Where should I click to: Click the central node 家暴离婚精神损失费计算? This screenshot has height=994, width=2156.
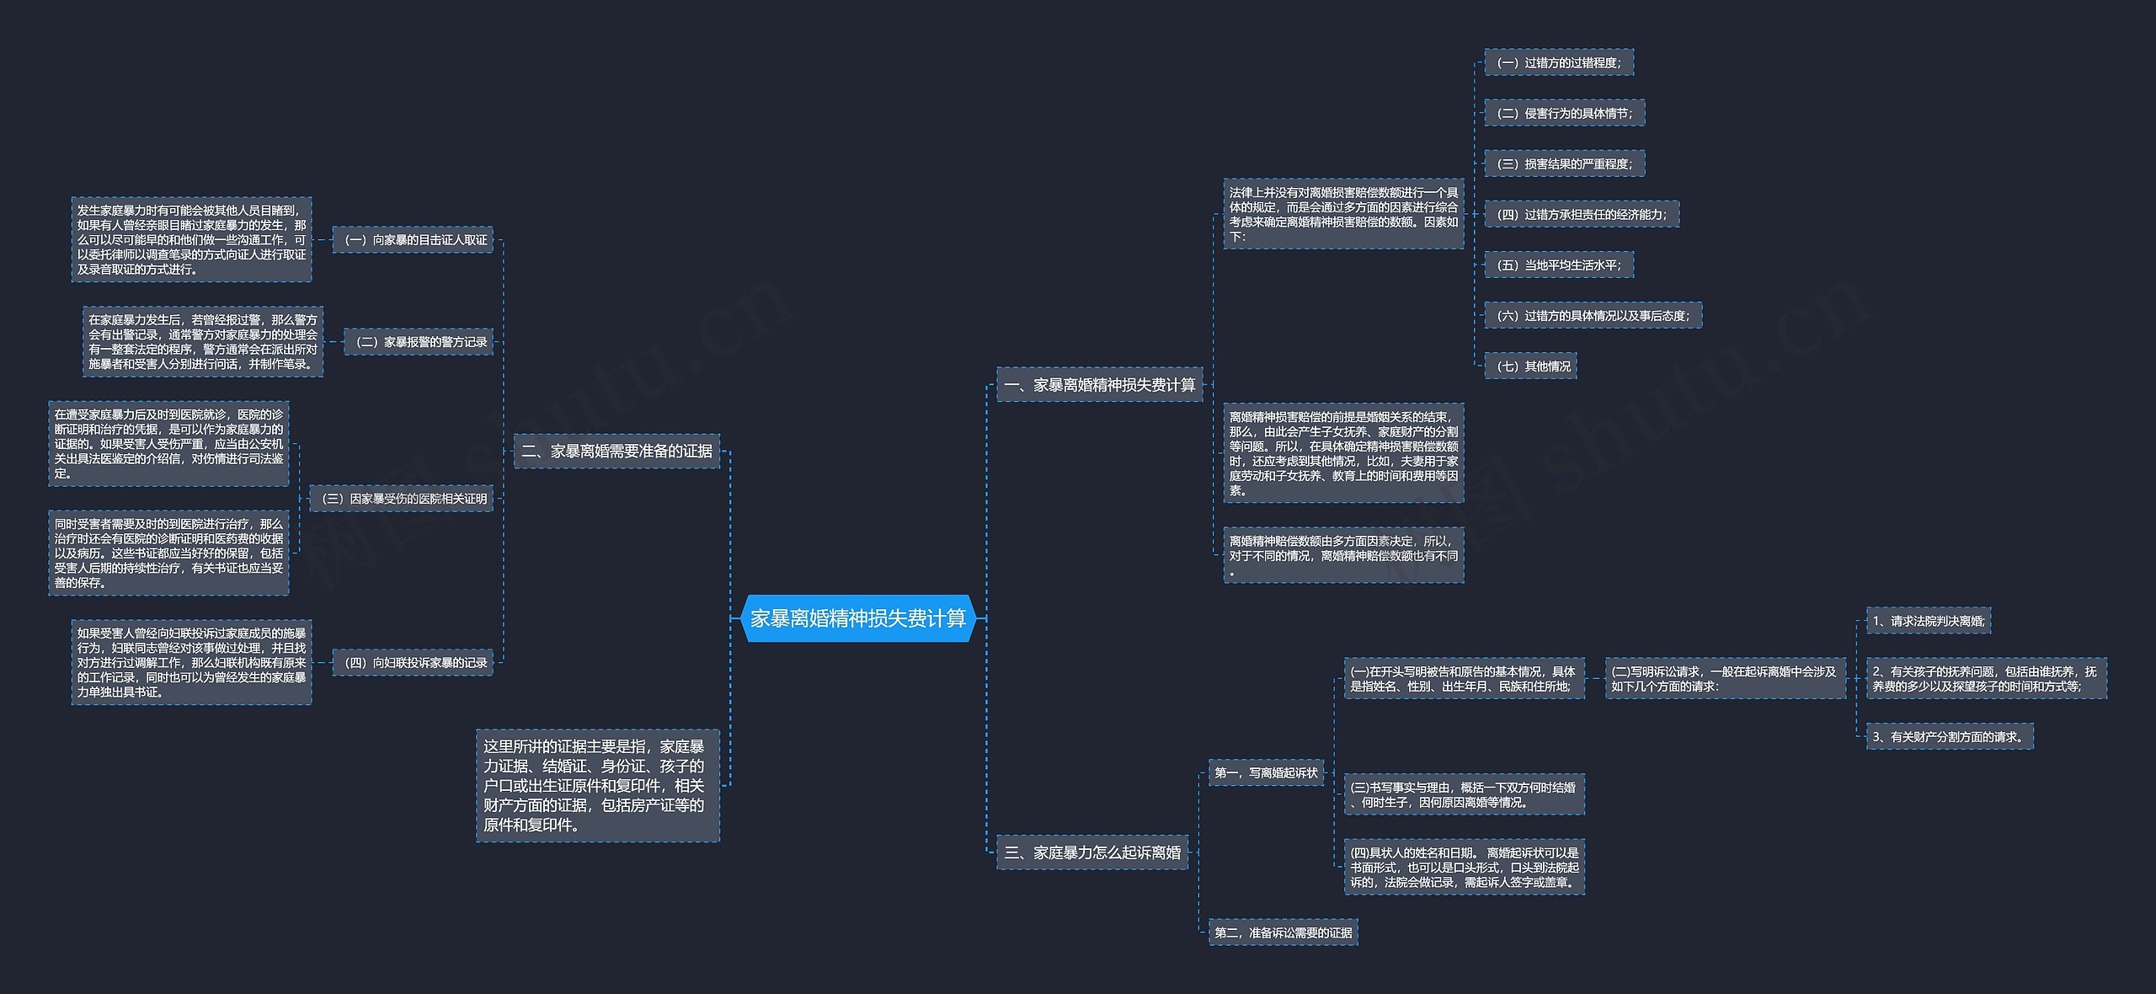point(858,618)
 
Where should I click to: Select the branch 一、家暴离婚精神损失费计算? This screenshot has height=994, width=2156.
point(1100,385)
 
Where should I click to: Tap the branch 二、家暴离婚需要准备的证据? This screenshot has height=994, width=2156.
point(617,452)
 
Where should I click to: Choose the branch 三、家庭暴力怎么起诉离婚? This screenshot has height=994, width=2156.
point(1092,852)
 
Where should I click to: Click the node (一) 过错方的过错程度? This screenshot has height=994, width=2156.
point(1559,62)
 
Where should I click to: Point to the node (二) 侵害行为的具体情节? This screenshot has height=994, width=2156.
point(1565,113)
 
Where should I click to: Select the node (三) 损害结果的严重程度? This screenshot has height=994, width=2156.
point(1565,163)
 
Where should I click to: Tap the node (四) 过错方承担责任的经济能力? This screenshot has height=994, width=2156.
point(1582,214)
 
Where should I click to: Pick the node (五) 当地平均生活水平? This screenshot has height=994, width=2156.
point(1559,265)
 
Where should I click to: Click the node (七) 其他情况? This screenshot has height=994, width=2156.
point(1530,366)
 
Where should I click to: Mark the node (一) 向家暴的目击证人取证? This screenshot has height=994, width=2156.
point(413,240)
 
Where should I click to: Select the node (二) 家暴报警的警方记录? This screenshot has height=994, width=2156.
point(419,342)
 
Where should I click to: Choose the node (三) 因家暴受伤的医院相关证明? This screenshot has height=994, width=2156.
point(402,499)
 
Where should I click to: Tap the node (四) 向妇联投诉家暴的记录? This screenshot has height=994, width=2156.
point(413,663)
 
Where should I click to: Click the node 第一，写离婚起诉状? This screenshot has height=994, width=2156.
point(1267,772)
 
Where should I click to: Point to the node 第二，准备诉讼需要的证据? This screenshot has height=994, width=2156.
point(1283,933)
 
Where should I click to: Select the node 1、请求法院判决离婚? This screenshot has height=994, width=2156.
point(1929,621)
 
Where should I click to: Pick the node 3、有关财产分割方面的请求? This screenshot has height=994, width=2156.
point(1950,736)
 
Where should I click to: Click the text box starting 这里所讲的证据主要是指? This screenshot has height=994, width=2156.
point(598,785)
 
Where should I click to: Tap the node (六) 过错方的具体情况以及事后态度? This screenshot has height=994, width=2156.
point(1593,315)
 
